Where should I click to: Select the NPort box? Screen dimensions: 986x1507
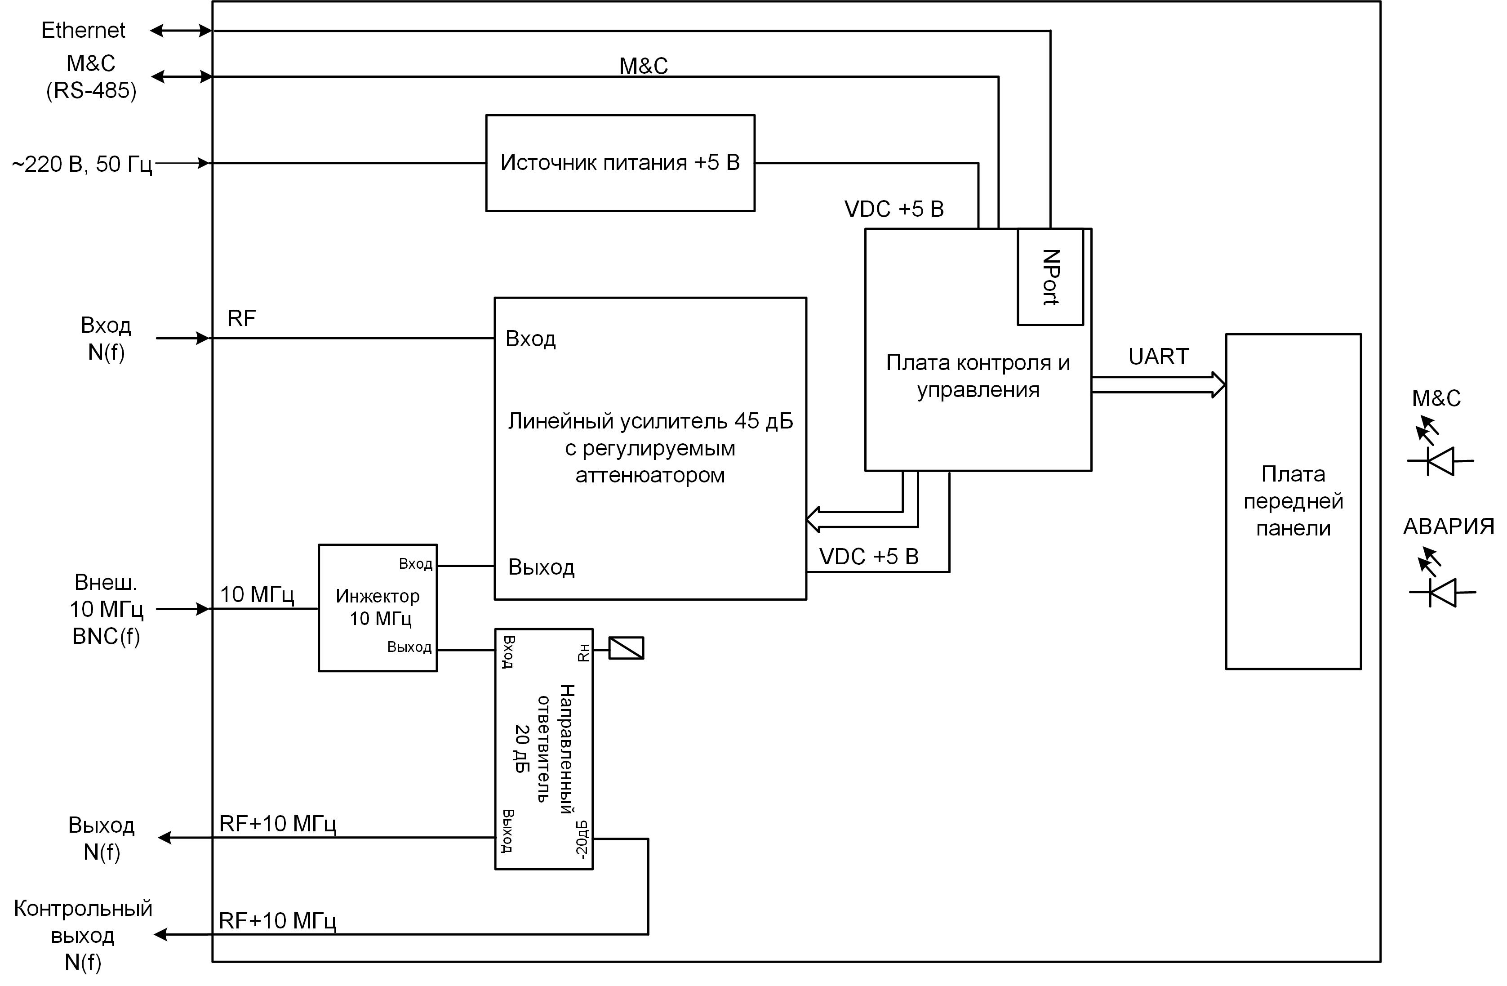click(1050, 277)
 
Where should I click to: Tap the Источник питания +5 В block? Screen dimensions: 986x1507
click(620, 163)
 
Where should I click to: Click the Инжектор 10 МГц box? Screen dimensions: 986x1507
click(378, 607)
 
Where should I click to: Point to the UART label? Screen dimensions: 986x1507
click(1158, 357)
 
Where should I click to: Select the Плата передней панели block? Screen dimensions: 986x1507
click(1293, 501)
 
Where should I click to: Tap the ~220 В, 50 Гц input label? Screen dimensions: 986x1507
click(82, 165)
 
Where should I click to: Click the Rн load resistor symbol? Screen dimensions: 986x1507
click(626, 648)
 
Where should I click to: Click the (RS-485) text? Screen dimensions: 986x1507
click(91, 90)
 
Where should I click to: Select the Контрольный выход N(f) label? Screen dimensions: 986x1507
click(83, 935)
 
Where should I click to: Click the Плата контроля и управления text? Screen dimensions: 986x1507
click(978, 376)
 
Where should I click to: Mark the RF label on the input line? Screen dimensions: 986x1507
click(241, 318)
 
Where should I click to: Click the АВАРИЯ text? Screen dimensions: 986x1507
click(1449, 526)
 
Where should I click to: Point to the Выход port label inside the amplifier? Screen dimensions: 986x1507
click(542, 567)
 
